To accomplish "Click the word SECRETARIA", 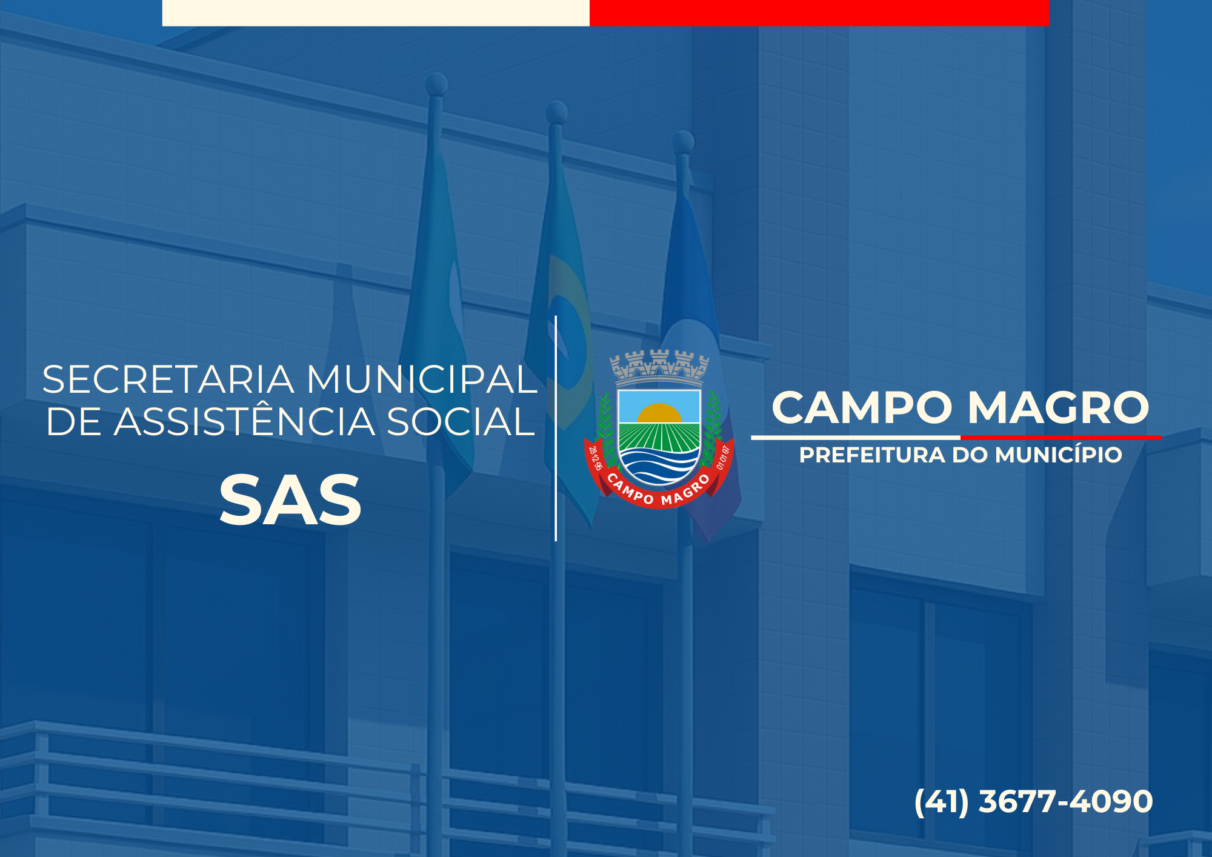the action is [168, 380].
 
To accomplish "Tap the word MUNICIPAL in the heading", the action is [422, 380].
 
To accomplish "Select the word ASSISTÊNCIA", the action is [245, 422].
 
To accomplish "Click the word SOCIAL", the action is [461, 422].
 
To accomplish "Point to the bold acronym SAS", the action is [290, 501].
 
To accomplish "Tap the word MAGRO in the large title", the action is [1058, 407].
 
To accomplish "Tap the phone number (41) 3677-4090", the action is [1033, 802].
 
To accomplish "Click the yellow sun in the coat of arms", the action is [659, 413].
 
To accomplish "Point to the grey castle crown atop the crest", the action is [659, 368].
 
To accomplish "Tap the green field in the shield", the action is [659, 437].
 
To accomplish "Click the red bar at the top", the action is [819, 13].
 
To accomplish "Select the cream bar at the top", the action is [376, 13].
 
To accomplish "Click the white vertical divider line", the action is [556, 428].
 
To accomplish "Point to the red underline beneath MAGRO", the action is [1061, 437].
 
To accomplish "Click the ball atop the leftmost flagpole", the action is [436, 84].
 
